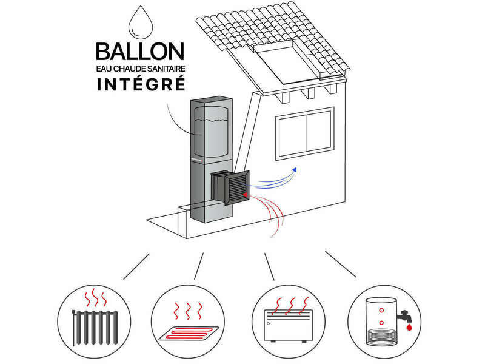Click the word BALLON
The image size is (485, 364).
click(x=141, y=53)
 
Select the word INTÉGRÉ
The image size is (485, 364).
click(x=141, y=84)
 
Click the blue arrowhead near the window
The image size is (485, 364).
click(x=295, y=170)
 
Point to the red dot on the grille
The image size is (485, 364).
click(x=245, y=195)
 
